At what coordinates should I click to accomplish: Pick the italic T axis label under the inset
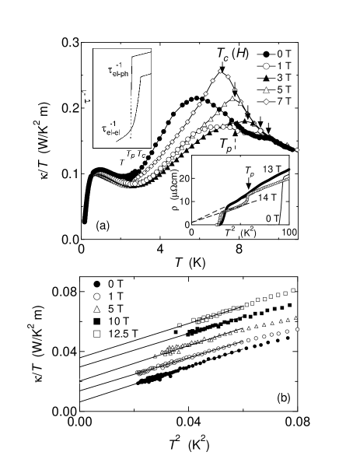121,162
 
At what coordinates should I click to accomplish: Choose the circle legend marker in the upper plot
266,67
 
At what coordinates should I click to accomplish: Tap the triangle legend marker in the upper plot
266,90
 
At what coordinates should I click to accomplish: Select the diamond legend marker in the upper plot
266,102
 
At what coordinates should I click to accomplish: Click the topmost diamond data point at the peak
221,71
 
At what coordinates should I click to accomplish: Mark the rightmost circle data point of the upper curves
297,150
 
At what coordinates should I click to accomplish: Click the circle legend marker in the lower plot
97,297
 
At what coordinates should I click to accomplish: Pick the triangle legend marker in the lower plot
97,310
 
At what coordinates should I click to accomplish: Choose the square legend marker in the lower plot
97,334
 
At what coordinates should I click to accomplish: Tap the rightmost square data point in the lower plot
294,291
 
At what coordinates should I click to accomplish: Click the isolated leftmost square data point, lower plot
180,324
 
